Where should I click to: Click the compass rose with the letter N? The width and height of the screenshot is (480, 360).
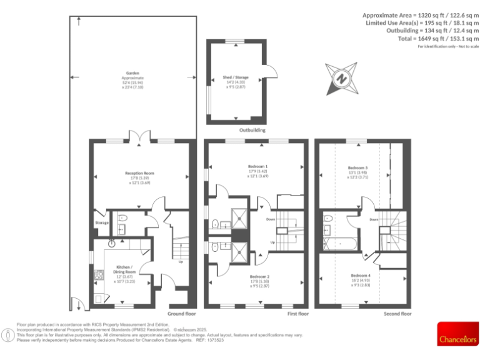(342, 79)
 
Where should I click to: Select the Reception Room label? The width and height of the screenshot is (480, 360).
(141, 173)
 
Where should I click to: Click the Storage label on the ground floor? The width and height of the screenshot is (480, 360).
(102, 222)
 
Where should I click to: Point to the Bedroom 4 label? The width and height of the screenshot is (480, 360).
(361, 276)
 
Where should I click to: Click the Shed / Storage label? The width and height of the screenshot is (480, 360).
(236, 78)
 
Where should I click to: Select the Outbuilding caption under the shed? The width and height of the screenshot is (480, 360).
(252, 131)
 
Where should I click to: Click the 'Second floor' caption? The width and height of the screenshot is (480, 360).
(397, 314)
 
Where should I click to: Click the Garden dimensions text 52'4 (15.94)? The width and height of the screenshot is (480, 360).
(132, 82)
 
